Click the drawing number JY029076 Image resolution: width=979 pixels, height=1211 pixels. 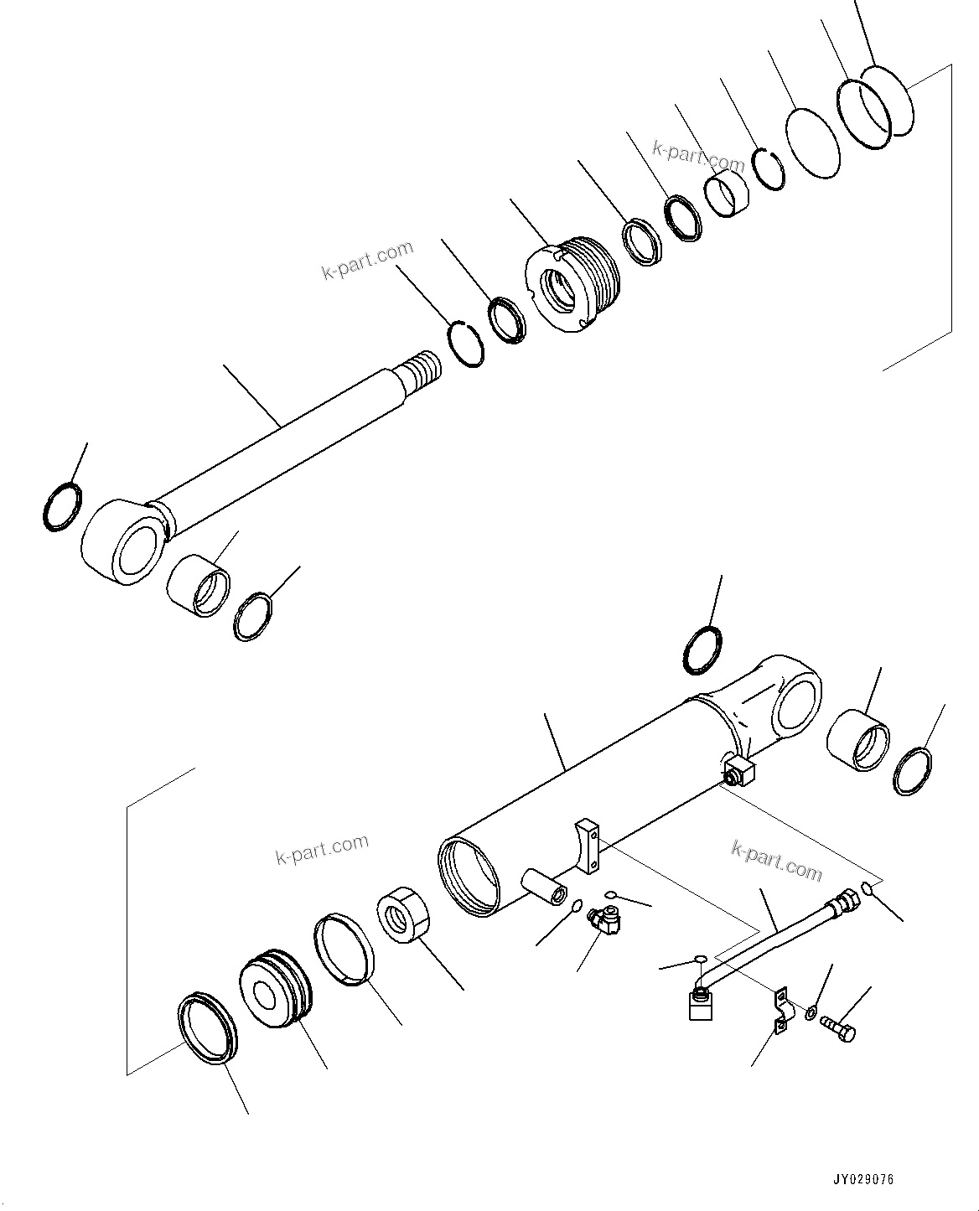[864, 1179]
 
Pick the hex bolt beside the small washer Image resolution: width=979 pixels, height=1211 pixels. [837, 1027]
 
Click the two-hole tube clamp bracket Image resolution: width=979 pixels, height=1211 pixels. [780, 1010]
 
